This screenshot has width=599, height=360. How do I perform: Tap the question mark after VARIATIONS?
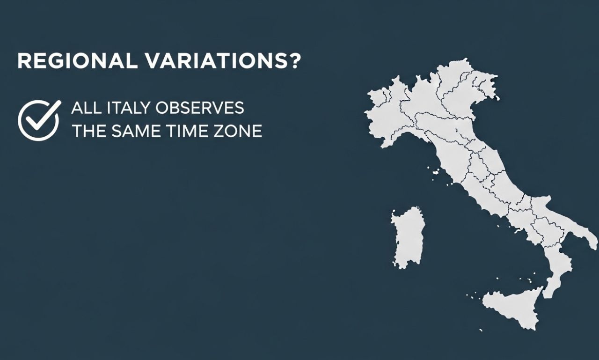[x=293, y=62]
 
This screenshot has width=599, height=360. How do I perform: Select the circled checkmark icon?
[x=39, y=120]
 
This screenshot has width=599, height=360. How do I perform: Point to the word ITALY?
[x=124, y=108]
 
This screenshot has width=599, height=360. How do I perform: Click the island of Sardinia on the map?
[x=408, y=237]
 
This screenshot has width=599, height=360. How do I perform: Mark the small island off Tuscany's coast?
[x=436, y=173]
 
